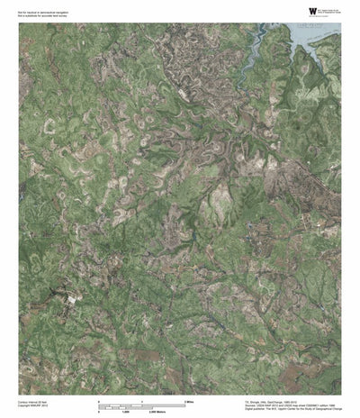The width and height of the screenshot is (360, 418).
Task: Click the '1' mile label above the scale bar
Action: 141,400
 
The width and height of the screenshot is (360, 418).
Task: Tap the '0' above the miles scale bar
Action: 98,400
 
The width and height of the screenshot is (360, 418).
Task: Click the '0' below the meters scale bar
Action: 98,410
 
